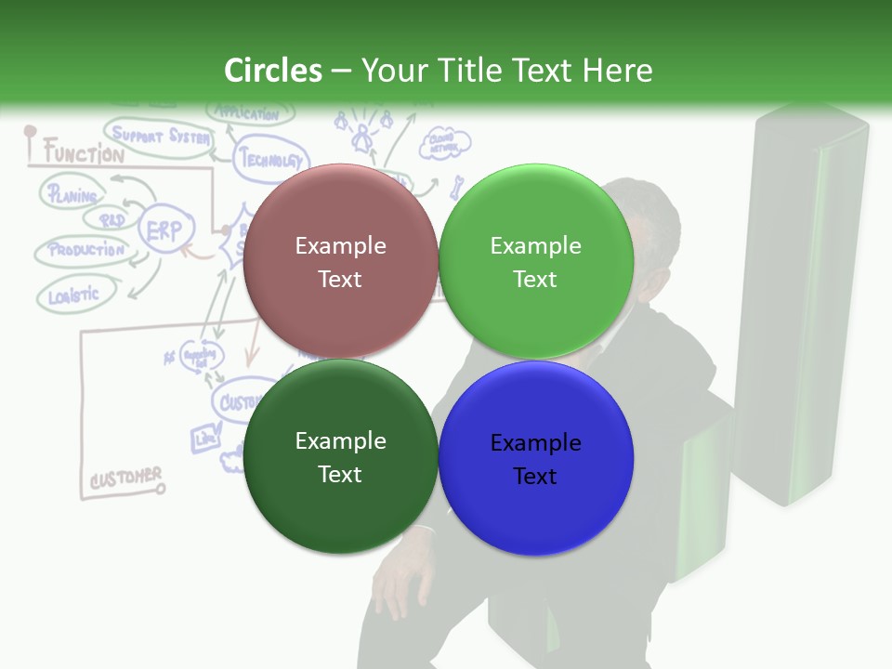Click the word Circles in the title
point(272,71)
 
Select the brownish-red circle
point(340,261)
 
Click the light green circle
point(535,261)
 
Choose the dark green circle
point(340,457)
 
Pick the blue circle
point(535,458)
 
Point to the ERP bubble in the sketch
point(166,230)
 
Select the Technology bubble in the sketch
point(270,159)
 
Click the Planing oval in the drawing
point(72,195)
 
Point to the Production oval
point(85,250)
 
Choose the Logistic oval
point(74,295)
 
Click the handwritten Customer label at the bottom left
point(125,479)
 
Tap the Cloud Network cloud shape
point(445,143)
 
